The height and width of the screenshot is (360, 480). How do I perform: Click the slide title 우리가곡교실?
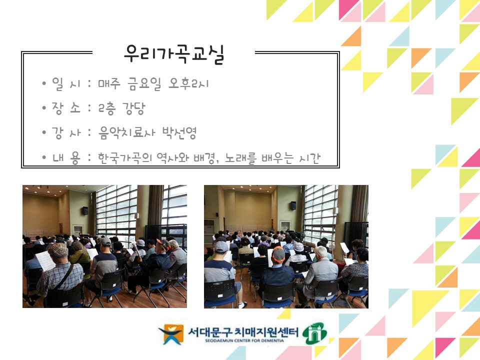[x=173, y=54]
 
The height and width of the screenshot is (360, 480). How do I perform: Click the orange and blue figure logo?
[x=170, y=334]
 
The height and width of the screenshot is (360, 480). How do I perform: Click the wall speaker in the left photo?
[x=85, y=210]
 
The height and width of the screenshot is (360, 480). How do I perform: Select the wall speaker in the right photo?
[x=293, y=205]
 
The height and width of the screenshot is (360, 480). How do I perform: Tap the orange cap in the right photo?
[x=278, y=252]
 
